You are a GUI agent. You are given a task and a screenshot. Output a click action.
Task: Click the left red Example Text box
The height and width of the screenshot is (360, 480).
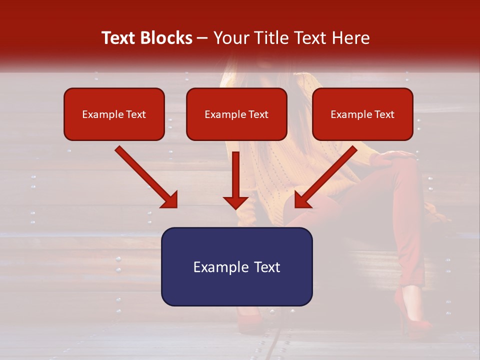pos(114,114)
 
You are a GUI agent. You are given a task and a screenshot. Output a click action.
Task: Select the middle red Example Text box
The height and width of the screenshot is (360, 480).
pos(236,114)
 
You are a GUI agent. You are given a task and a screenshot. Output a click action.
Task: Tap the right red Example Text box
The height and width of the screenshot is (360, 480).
pos(362,114)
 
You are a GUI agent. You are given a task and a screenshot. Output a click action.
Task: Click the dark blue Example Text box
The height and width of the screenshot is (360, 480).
pos(236,266)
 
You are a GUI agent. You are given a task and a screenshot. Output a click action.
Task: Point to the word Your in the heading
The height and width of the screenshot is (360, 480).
pos(230,38)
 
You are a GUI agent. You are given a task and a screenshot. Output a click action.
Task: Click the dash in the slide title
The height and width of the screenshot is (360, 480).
pos(202,38)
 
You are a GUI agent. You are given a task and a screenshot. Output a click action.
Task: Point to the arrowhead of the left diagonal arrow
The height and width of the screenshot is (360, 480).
pos(169,200)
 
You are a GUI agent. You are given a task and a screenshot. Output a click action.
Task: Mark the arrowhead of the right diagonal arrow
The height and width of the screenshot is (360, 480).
pos(302,200)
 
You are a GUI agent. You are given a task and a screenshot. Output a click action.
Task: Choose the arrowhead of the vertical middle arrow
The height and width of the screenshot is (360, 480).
pos(235,202)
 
